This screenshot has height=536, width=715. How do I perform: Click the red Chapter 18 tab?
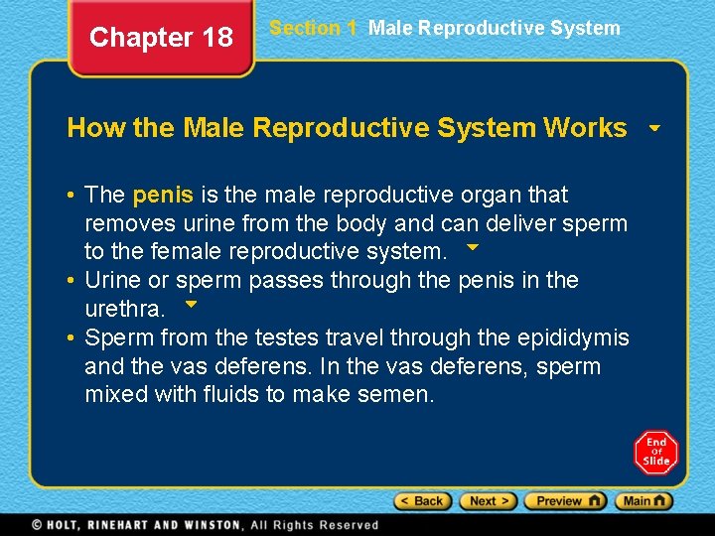point(161,38)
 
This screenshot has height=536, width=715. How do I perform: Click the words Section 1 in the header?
point(313,28)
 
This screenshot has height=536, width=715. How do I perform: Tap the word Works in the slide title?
point(585,128)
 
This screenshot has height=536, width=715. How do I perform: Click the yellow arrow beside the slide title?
point(654,129)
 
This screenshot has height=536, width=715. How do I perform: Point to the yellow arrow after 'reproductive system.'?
point(473,246)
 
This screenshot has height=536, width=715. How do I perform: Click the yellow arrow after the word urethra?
point(192,304)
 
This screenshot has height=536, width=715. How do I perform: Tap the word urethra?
point(125,310)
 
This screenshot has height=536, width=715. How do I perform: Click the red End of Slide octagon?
point(655,452)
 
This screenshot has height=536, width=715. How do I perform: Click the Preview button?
point(565,501)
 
